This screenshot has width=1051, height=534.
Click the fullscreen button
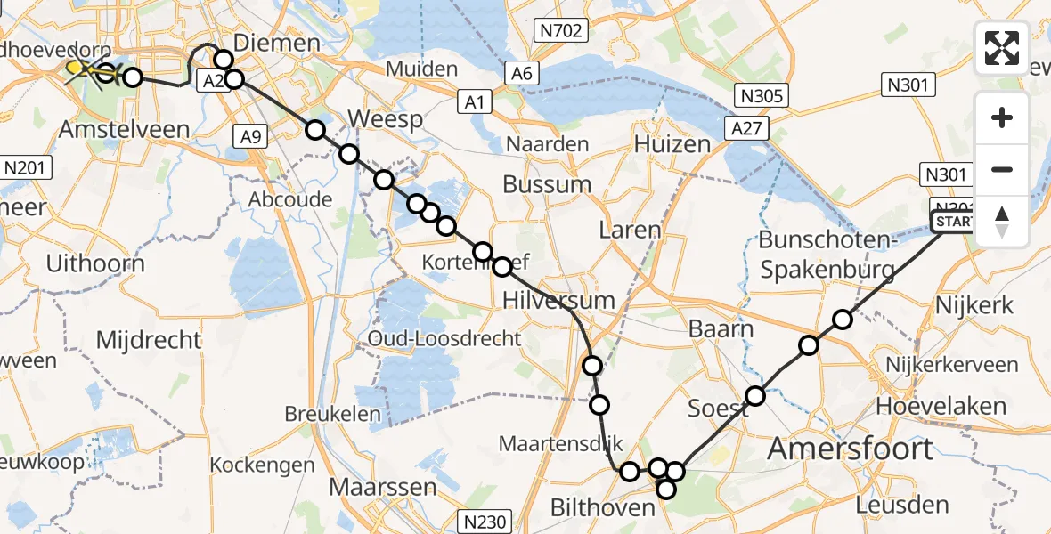(x=1002, y=48)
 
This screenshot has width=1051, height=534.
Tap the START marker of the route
(x=952, y=222)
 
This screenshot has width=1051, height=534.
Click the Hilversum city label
(x=558, y=299)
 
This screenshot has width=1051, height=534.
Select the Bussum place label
(x=547, y=185)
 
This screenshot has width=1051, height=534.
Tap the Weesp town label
(x=383, y=119)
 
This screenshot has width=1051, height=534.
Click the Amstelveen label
(x=124, y=129)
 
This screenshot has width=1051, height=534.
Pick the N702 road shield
(x=560, y=32)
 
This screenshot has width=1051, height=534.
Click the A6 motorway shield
(x=522, y=73)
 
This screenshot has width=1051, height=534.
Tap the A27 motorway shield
(x=745, y=128)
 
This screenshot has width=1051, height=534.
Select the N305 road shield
(x=759, y=95)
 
